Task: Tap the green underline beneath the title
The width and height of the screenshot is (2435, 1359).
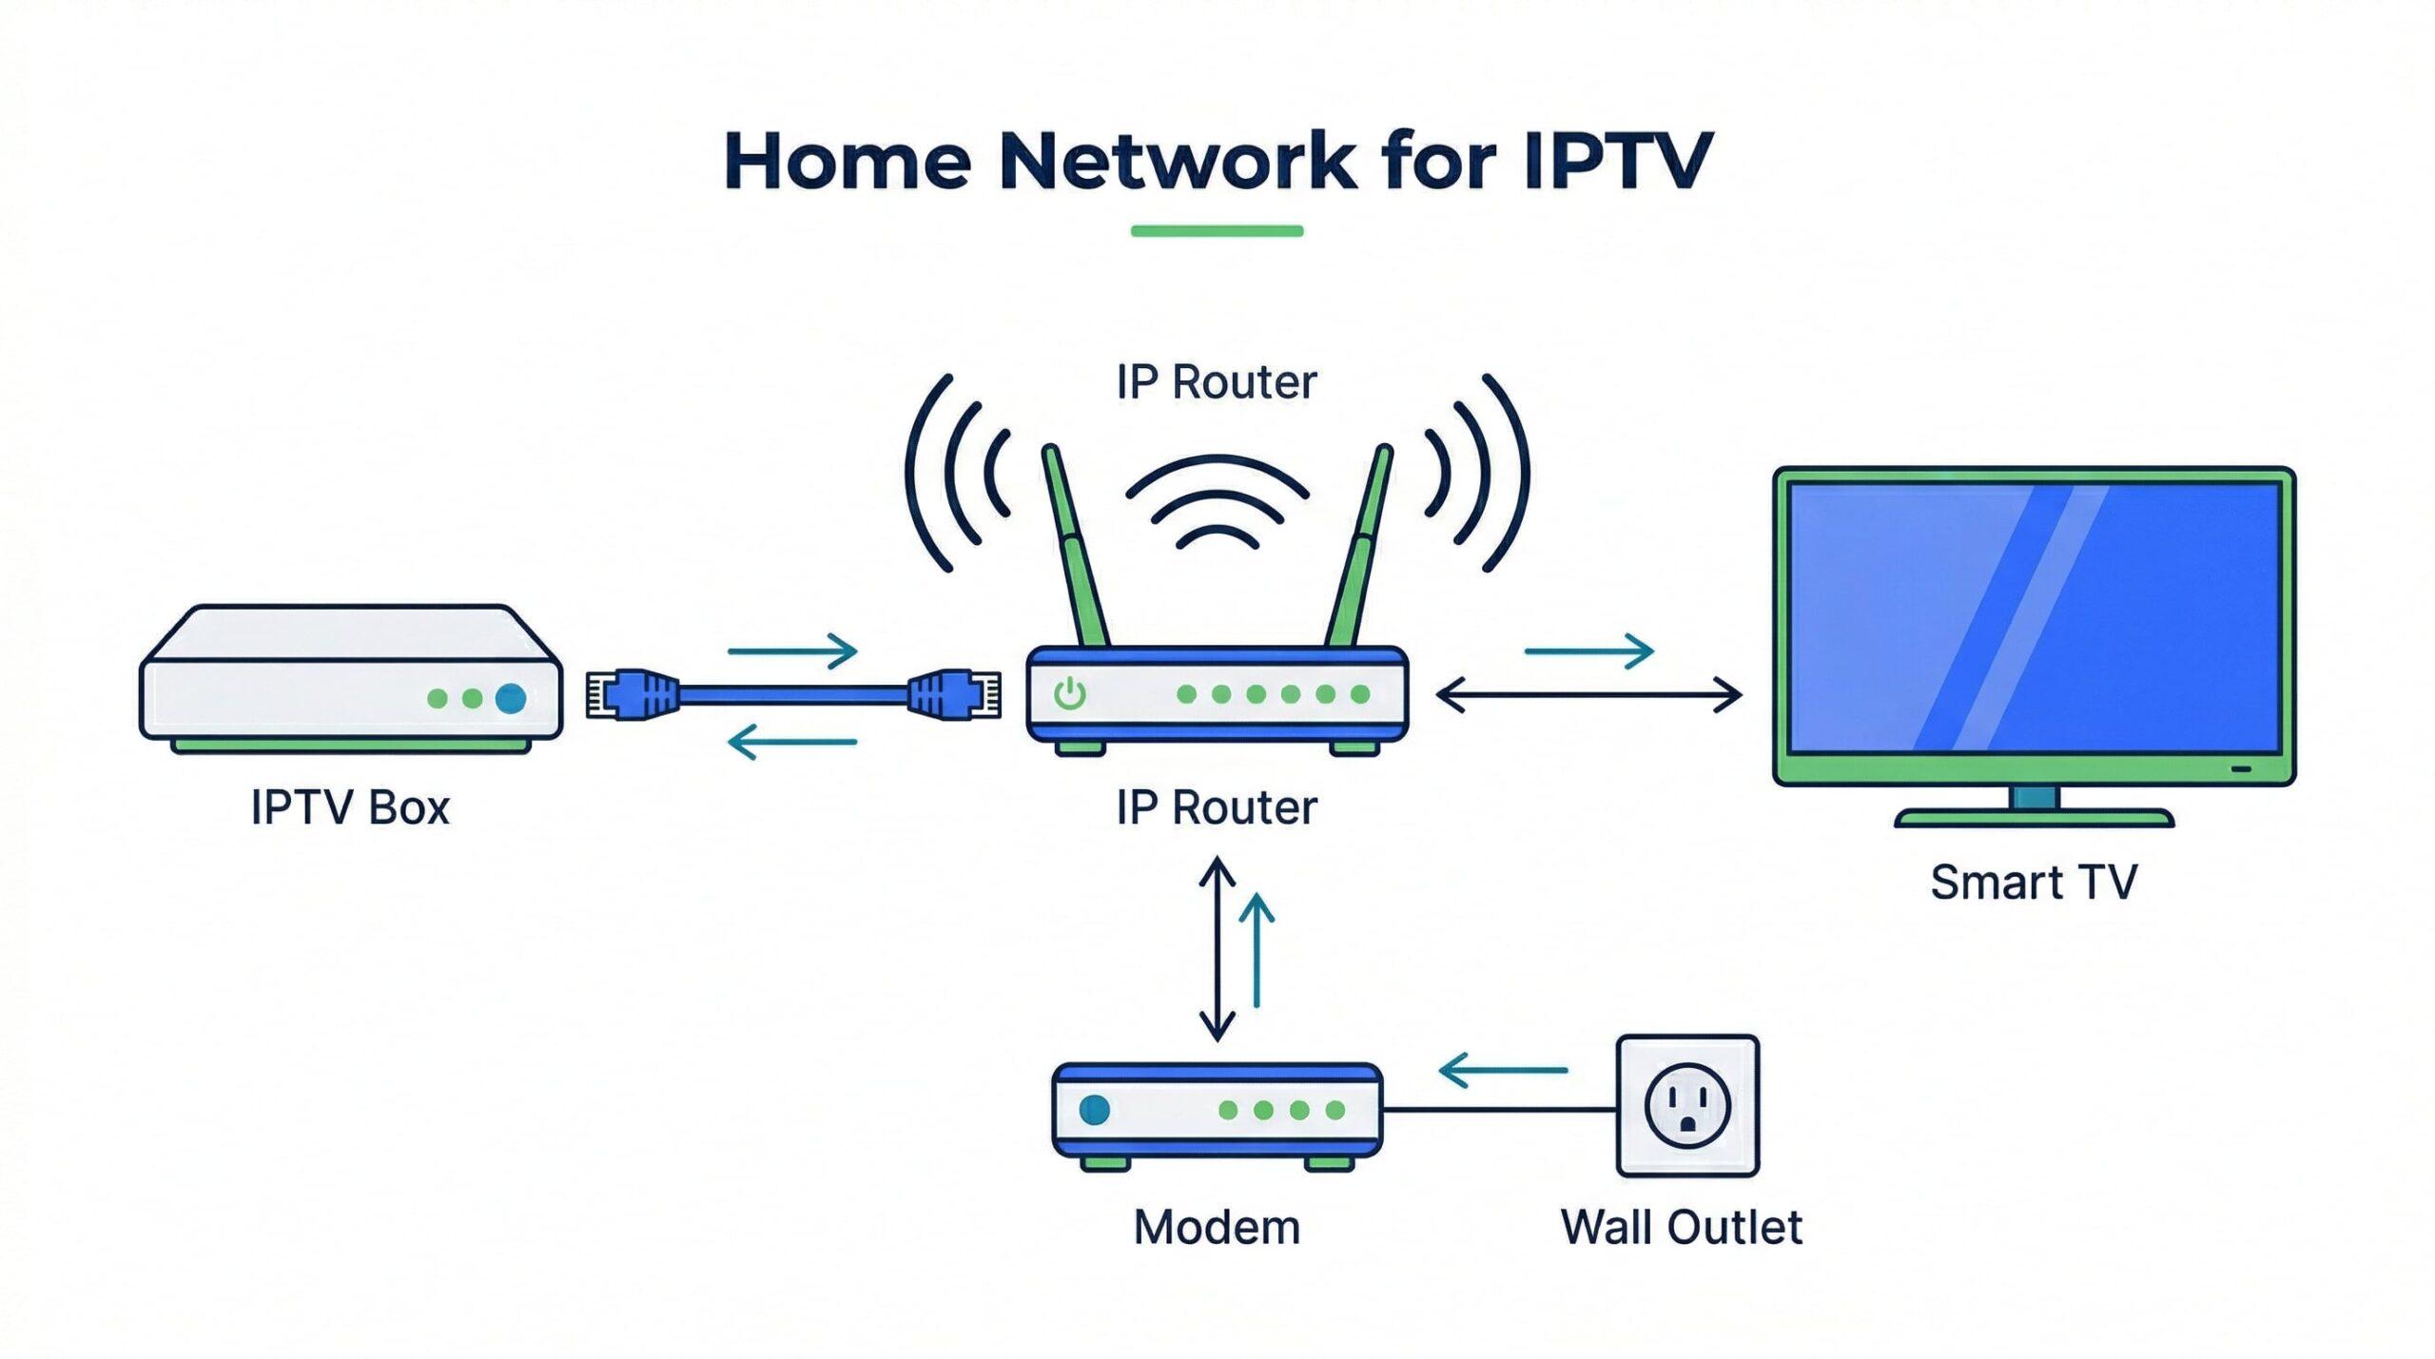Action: [x=1217, y=230]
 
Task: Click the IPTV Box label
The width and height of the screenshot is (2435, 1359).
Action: [x=349, y=807]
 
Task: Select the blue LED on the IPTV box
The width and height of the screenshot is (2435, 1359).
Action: [x=511, y=698]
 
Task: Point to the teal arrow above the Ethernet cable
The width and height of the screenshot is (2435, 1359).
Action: [x=792, y=651]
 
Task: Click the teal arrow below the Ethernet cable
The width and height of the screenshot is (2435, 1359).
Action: [x=792, y=742]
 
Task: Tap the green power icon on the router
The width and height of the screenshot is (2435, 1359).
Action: [x=1070, y=694]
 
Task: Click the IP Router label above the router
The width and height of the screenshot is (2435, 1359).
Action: [x=1217, y=382]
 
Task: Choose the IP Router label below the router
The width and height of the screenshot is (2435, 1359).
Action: [x=1217, y=807]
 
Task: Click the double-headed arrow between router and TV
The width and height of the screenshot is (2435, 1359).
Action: [x=1588, y=695]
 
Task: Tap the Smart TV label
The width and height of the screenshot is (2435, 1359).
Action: [x=2034, y=882]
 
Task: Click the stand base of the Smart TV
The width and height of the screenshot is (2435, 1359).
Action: [x=2034, y=818]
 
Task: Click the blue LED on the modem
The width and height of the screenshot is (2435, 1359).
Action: [x=1095, y=1109]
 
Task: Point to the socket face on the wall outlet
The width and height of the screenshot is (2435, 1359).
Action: [x=1687, y=1106]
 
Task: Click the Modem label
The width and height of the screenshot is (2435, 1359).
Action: [x=1217, y=1227]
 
